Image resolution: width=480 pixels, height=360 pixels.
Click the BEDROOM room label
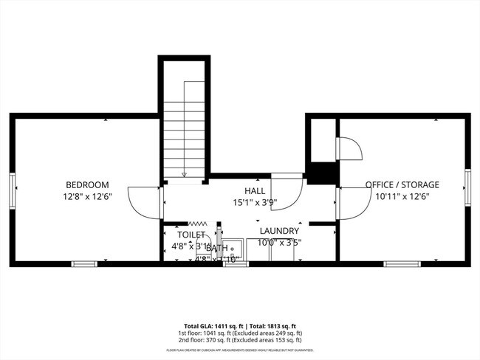click(x=87, y=184)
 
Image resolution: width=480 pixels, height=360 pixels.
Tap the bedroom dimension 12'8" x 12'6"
click(x=87, y=196)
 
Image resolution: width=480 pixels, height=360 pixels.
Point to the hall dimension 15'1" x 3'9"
click(x=254, y=202)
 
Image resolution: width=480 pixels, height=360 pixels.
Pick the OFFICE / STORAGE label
click(x=402, y=184)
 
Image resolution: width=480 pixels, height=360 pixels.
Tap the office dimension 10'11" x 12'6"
click(x=402, y=196)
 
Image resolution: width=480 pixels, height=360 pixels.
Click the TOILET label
click(x=191, y=235)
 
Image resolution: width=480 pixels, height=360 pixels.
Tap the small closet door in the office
click(x=350, y=149)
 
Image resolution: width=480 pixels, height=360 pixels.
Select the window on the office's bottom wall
click(x=397, y=263)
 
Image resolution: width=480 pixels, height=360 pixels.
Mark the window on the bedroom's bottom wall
click(x=83, y=263)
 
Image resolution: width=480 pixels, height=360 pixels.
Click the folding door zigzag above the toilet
click(x=197, y=223)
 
